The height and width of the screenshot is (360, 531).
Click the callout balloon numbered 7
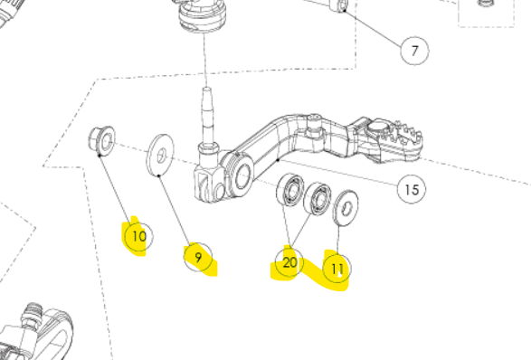tap(414, 51)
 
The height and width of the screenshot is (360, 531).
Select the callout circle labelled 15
tap(412, 189)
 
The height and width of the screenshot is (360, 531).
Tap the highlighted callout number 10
tap(138, 236)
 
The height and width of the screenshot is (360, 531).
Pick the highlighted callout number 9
tap(198, 258)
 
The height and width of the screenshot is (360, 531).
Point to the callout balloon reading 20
tap(289, 262)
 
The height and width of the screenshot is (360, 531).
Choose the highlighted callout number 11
tap(337, 269)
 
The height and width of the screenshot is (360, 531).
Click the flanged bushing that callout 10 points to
tap(101, 141)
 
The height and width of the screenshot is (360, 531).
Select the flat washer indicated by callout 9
tap(160, 155)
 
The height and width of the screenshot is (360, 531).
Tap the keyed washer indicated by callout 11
tap(346, 208)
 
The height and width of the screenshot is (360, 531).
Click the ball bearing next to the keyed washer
tap(318, 198)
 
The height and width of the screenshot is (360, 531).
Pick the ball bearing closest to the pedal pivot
tap(290, 189)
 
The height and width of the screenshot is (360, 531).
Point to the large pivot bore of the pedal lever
tap(242, 175)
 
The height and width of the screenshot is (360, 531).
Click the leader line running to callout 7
tap(374, 28)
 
